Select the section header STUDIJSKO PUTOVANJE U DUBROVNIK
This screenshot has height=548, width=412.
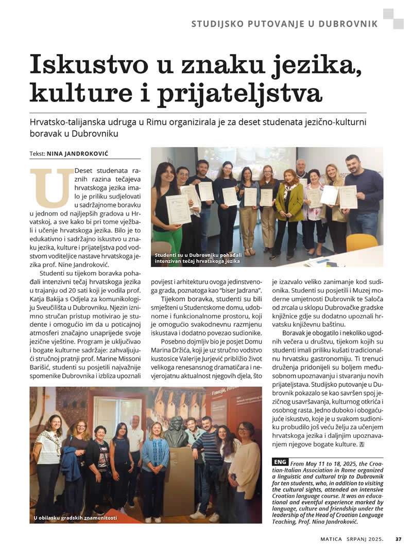284,24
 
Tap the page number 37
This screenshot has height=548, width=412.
398,539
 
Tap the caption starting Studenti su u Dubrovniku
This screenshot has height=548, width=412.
197,258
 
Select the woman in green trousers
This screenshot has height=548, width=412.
166,211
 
